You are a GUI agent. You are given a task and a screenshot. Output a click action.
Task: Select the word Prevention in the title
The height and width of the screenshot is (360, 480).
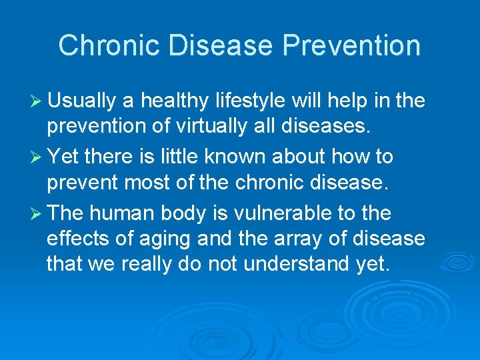351,46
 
